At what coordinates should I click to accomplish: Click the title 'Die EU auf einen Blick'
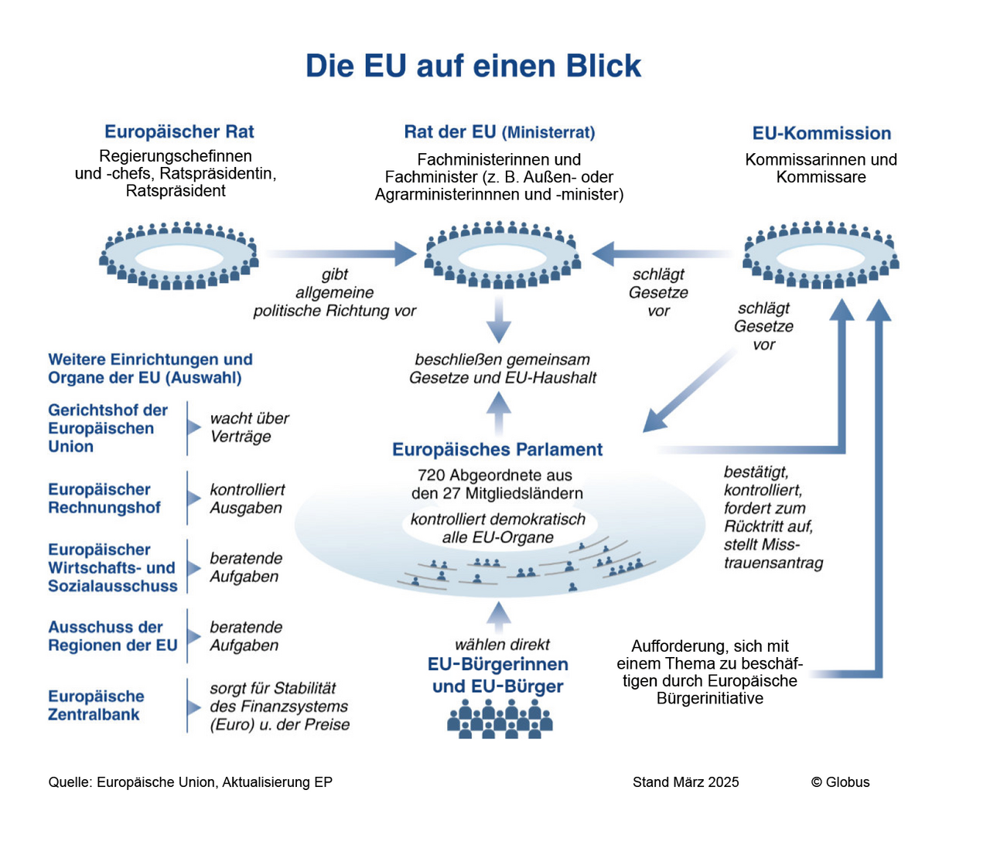[x=473, y=66]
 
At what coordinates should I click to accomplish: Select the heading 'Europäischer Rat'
[x=179, y=132]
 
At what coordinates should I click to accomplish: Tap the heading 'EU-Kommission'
[x=821, y=133]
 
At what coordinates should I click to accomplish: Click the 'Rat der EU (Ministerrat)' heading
[x=500, y=132]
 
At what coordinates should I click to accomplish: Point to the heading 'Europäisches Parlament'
[x=497, y=450]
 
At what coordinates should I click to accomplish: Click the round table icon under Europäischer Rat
[x=179, y=256]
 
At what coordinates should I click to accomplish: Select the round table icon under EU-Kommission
[x=821, y=255]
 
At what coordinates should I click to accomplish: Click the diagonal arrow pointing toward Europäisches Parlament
[x=688, y=391]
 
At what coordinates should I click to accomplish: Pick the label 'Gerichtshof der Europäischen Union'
[x=108, y=428]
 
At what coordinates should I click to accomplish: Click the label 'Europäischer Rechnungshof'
[x=104, y=499]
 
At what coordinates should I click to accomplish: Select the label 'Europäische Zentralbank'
[x=96, y=706]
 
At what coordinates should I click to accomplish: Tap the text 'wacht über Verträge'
[x=249, y=427]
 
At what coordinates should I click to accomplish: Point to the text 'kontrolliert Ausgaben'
[x=247, y=499]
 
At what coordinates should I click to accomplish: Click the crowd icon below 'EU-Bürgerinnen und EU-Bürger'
[x=500, y=719]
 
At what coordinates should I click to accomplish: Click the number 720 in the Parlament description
[x=431, y=475]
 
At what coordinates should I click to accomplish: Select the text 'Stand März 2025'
[x=685, y=782]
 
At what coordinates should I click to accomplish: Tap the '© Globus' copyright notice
[x=840, y=782]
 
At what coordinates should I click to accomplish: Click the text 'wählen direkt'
[x=502, y=645]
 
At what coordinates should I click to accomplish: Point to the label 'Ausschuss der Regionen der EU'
[x=113, y=636]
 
